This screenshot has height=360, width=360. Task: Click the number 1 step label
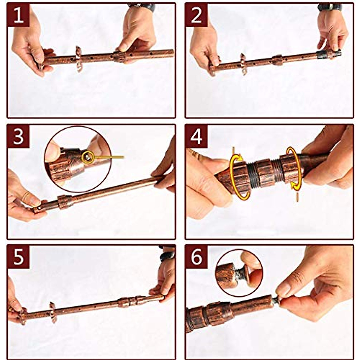(x=18, y=16)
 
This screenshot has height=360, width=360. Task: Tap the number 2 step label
(x=196, y=16)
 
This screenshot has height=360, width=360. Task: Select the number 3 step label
(x=18, y=137)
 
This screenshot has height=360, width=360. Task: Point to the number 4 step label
(x=196, y=137)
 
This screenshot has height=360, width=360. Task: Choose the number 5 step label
(x=18, y=257)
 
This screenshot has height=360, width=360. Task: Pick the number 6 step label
(x=196, y=257)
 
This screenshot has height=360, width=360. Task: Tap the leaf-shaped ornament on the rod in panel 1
(x=79, y=59)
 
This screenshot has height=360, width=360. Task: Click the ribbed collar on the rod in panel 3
(x=64, y=202)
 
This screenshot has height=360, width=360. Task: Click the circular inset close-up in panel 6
(x=240, y=274)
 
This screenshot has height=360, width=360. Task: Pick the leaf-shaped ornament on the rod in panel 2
(x=243, y=64)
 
